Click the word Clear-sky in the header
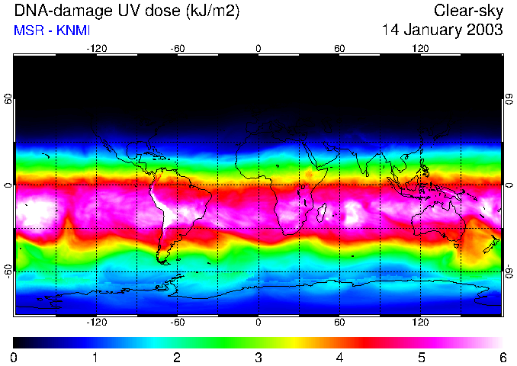[468, 11]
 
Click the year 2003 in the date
[484, 30]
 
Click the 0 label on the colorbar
[14, 357]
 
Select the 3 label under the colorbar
[258, 357]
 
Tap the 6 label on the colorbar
[502, 357]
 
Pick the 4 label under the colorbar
[339, 357]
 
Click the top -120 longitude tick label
[96, 49]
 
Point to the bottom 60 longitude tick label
[339, 322]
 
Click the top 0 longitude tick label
[258, 49]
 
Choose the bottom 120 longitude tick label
[420, 322]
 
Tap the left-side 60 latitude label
[8, 100]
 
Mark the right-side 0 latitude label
[509, 185]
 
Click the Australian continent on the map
[438, 221]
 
